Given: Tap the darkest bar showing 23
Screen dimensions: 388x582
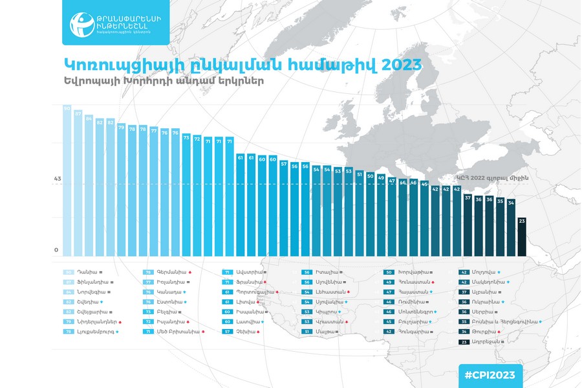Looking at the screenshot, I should pos(521,236).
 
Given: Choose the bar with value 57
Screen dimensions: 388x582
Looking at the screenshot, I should pos(283,208).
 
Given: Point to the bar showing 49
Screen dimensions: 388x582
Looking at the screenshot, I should pos(381,214).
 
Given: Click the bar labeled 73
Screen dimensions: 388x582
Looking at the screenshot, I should pos(186,194).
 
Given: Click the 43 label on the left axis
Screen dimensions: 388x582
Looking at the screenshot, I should pos(57,179).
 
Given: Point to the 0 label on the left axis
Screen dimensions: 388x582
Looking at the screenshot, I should pos(56,250).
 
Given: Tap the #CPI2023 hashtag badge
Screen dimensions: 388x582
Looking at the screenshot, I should pos(490,375).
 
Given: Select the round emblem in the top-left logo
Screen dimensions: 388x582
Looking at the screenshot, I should pos(82,23).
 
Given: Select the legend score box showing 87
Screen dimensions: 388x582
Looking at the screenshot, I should pos(67,282).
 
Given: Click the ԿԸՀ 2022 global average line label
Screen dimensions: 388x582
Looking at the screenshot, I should pos(501,179).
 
